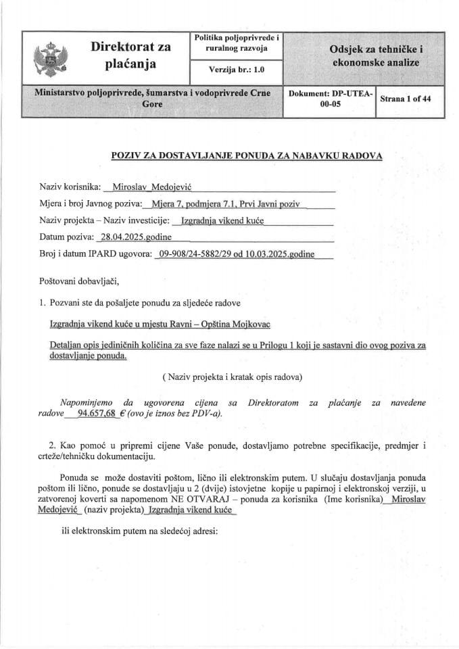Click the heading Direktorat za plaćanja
click(x=131, y=55)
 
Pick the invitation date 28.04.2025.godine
click(x=135, y=237)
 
